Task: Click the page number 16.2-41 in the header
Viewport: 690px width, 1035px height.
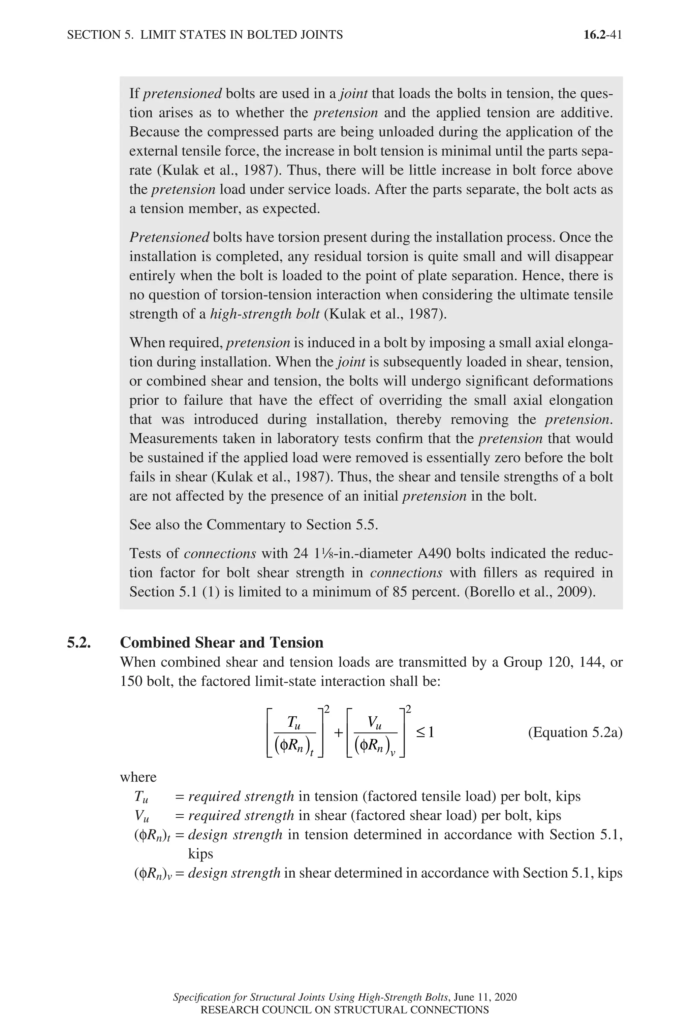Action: (602, 35)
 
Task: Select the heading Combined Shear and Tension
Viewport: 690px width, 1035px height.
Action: (221, 643)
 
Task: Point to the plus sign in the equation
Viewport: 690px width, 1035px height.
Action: (338, 733)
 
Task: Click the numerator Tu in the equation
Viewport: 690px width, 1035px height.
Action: (294, 722)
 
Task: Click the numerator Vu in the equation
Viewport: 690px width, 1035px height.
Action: (375, 722)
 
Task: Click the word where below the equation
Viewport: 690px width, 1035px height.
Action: (138, 777)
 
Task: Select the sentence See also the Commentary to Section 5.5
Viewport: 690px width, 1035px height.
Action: (253, 525)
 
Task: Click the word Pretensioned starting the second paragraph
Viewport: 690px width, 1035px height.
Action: (169, 238)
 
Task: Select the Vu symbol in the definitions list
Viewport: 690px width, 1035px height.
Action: (142, 816)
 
